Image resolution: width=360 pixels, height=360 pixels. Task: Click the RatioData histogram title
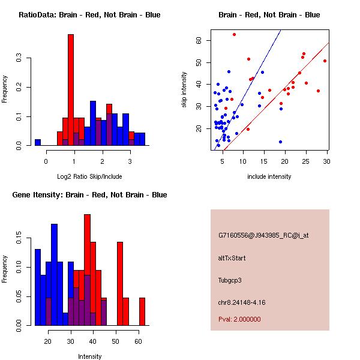(x=89, y=14)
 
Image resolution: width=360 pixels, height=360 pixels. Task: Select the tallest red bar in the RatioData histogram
(x=71, y=90)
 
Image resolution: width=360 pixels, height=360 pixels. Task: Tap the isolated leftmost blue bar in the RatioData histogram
(x=38, y=143)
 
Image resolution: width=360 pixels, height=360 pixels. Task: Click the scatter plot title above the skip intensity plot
(x=269, y=14)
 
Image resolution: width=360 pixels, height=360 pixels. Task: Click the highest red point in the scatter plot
(x=234, y=34)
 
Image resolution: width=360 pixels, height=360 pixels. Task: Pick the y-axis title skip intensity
(x=184, y=90)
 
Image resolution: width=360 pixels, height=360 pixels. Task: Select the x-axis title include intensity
(x=269, y=176)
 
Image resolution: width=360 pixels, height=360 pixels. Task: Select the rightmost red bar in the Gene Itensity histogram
(x=142, y=311)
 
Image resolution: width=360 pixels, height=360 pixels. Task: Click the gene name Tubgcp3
(x=230, y=280)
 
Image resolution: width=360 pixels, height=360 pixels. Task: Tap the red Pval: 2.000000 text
(x=239, y=319)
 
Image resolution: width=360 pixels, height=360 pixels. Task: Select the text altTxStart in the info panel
(x=232, y=258)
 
